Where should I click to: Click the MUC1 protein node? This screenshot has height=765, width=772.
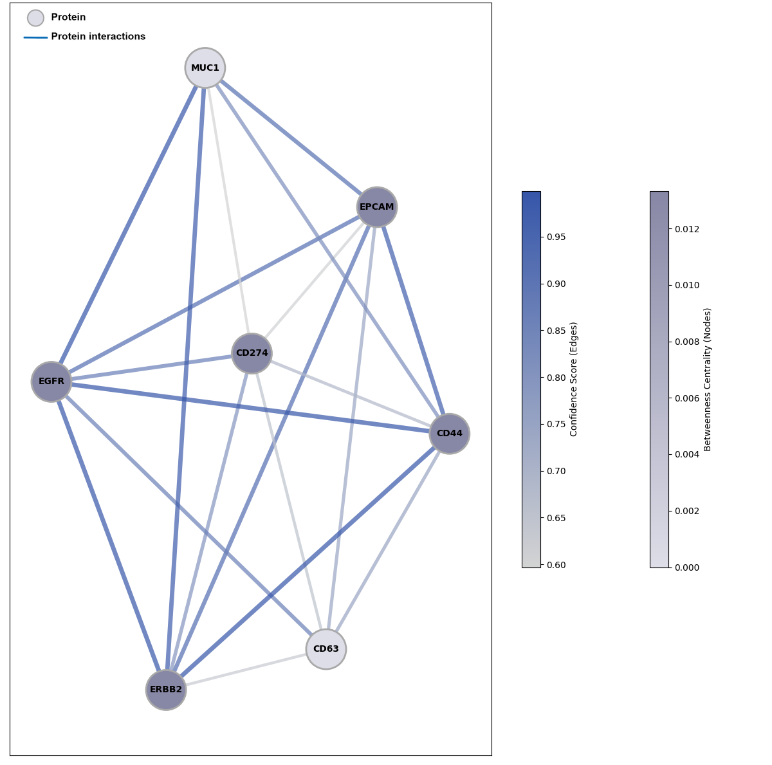click(x=205, y=68)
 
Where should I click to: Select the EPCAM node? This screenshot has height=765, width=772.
click(x=377, y=207)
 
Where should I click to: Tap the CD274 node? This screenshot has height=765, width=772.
click(x=252, y=353)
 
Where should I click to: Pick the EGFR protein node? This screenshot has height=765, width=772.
click(x=51, y=382)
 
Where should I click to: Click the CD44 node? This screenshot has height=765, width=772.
click(x=450, y=434)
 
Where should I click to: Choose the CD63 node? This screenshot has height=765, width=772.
click(x=326, y=649)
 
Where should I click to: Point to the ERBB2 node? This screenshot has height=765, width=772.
click(x=166, y=690)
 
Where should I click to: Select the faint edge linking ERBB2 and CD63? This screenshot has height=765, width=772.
click(x=246, y=670)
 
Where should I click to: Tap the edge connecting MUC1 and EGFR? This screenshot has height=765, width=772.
click(x=129, y=225)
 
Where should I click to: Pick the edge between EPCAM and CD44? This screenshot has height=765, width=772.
click(x=414, y=320)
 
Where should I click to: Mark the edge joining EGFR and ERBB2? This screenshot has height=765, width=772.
click(x=109, y=535)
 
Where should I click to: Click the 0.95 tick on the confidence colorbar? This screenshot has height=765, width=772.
click(x=556, y=237)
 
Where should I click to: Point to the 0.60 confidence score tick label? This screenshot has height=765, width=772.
click(x=556, y=565)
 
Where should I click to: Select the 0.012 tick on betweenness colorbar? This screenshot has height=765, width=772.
click(x=687, y=229)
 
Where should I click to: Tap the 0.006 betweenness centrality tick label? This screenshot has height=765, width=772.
click(x=687, y=398)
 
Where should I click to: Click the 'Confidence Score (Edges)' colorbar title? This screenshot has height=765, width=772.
click(x=574, y=379)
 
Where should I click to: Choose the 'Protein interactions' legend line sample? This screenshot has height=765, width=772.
click(x=35, y=37)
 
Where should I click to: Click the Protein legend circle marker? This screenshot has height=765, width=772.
click(x=35, y=18)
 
